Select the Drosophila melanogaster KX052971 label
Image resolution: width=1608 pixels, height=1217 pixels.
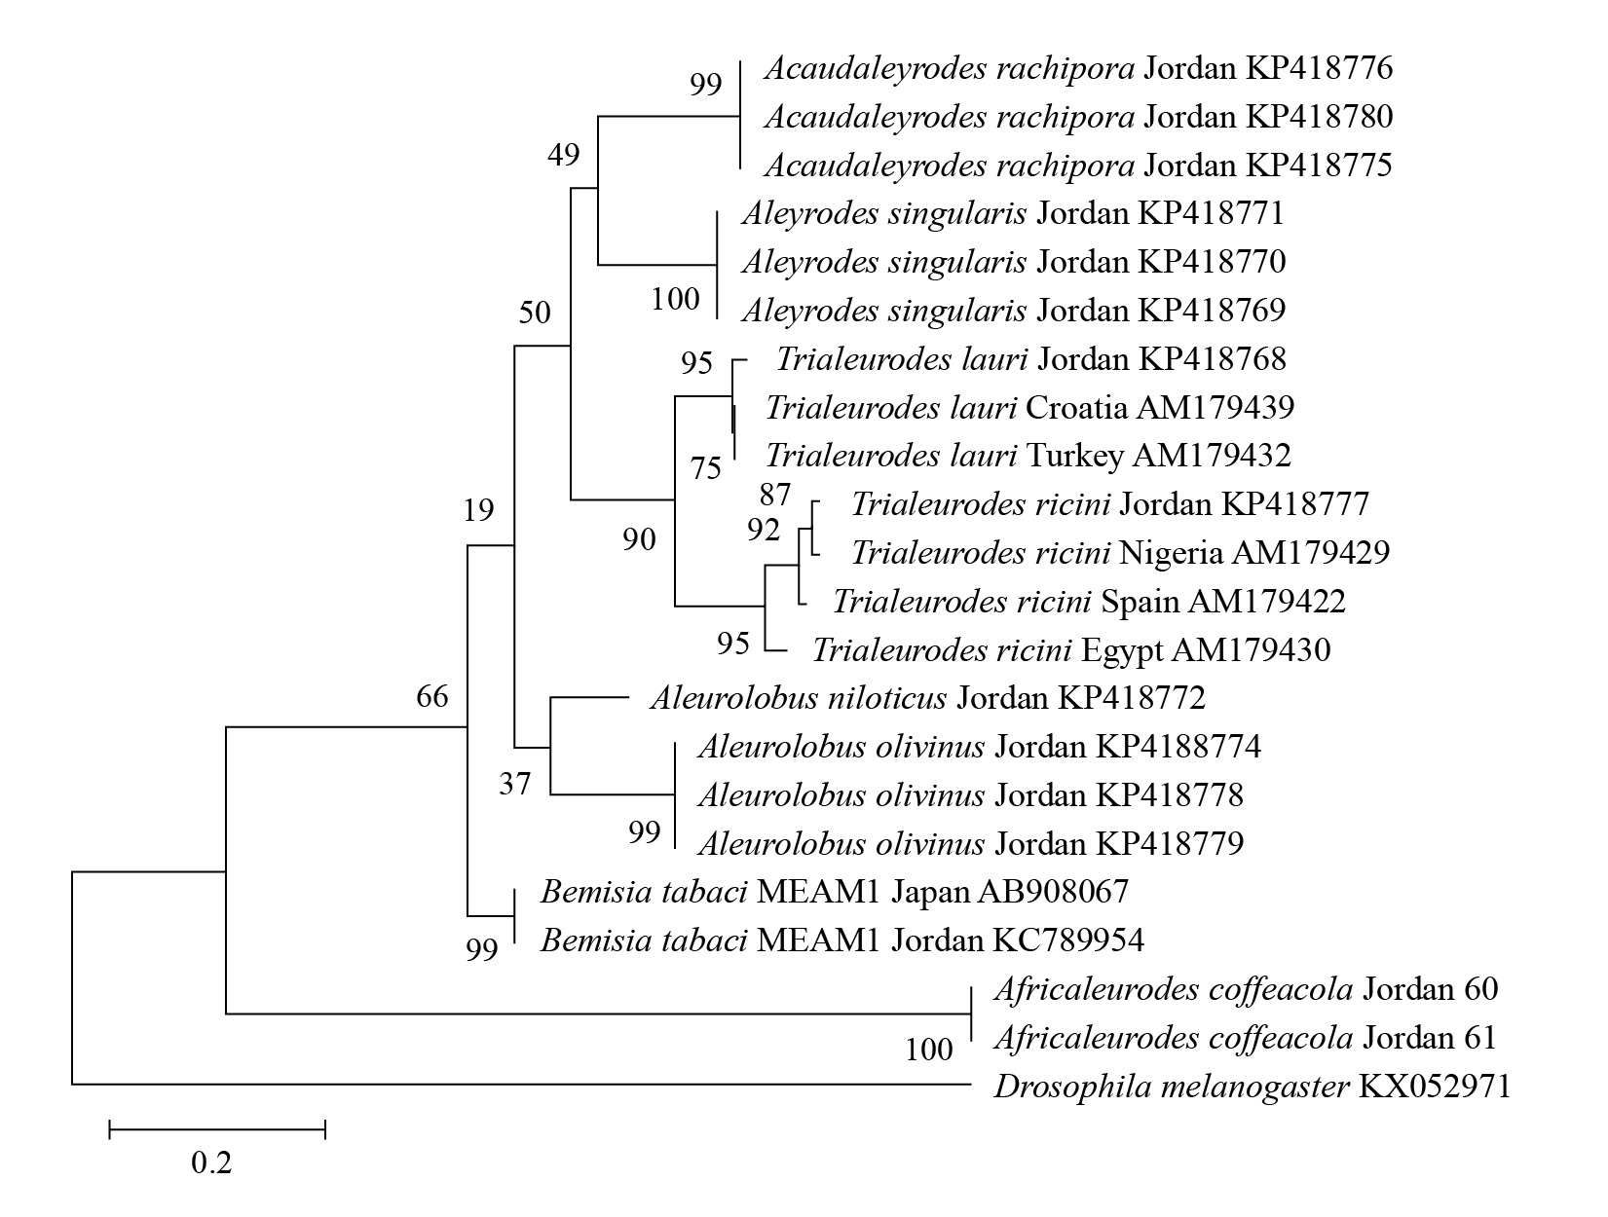tap(1252, 1086)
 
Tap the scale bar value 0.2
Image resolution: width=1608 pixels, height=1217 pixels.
tap(211, 1162)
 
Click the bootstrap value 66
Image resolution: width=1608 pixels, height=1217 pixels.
tap(432, 696)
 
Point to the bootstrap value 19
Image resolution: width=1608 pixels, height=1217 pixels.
tap(478, 509)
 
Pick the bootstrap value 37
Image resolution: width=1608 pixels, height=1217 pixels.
tap(515, 783)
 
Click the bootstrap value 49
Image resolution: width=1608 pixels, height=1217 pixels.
tap(563, 154)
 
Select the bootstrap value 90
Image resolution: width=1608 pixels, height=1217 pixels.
tap(640, 538)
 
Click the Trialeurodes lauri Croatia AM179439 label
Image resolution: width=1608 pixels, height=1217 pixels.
tap(1029, 407)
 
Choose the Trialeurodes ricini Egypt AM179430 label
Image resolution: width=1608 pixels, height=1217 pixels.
tap(1070, 649)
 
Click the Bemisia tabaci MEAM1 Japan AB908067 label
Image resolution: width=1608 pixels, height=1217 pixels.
tap(834, 891)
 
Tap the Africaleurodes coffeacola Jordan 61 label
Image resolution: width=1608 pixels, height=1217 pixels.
tap(1244, 1038)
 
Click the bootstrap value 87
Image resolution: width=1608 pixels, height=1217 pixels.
tap(775, 495)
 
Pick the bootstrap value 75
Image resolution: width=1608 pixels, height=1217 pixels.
tap(706, 468)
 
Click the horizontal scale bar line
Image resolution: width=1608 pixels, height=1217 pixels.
tap(217, 1129)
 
